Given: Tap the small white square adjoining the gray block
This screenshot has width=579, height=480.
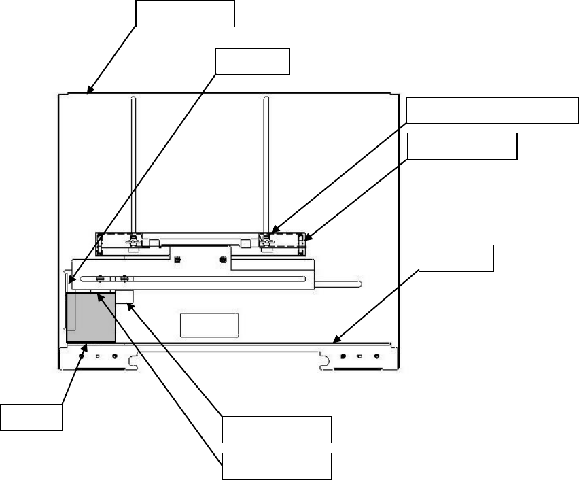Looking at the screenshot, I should pyautogui.click(x=124, y=296).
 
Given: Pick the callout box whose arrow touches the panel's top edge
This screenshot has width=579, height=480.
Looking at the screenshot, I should pyautogui.click(x=185, y=13).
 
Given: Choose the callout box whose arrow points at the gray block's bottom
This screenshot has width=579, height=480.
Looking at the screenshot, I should pyautogui.click(x=31, y=417).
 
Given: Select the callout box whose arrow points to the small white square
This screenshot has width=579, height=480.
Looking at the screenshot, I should pyautogui.click(x=277, y=429).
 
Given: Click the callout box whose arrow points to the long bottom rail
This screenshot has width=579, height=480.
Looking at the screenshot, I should pyautogui.click(x=455, y=258).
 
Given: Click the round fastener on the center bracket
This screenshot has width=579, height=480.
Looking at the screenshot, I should pyautogui.click(x=223, y=259).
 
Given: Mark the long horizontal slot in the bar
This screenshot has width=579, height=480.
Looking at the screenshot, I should pyautogui.click(x=204, y=279).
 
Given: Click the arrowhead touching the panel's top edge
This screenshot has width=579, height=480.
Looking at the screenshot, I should pyautogui.click(x=89, y=89).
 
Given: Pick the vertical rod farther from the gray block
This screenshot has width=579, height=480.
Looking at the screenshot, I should pyautogui.click(x=264, y=163).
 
